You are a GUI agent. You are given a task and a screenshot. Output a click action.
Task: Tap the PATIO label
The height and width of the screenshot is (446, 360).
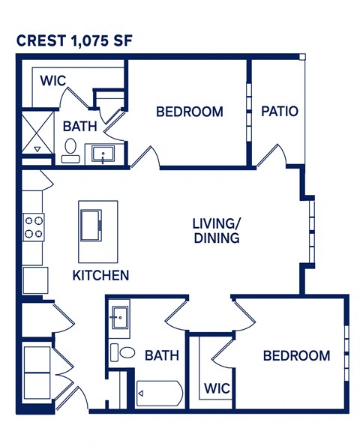coord(280,112)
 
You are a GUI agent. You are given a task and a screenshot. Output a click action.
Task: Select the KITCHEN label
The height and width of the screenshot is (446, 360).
coord(100,275)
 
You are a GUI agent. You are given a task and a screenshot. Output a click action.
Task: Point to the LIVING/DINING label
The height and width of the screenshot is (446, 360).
coord(216,231)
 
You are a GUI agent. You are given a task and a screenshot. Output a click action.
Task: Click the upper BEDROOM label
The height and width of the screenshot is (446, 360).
coord(189,112)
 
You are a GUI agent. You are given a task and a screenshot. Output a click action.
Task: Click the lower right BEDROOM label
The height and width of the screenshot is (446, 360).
coord(296,355)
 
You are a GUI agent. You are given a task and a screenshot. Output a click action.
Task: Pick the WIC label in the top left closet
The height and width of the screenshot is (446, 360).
coord(52,80)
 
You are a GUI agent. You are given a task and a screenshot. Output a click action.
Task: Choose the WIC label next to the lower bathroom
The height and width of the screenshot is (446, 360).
coord(217,389)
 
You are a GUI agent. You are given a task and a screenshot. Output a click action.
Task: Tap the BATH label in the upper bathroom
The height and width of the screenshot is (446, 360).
coord(77,127)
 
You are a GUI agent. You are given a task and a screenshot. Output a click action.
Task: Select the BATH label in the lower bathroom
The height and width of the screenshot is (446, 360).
coord(162,355)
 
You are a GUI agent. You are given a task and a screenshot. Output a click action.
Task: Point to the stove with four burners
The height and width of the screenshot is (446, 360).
coord(34,226)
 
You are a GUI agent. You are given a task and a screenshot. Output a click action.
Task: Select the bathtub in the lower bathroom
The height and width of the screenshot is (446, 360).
coord(159,392)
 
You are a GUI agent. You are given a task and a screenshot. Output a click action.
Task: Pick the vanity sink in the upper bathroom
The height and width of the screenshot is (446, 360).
coord(103,155)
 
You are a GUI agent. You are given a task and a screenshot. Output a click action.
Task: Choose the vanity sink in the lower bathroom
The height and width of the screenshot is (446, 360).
coord(119,316)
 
